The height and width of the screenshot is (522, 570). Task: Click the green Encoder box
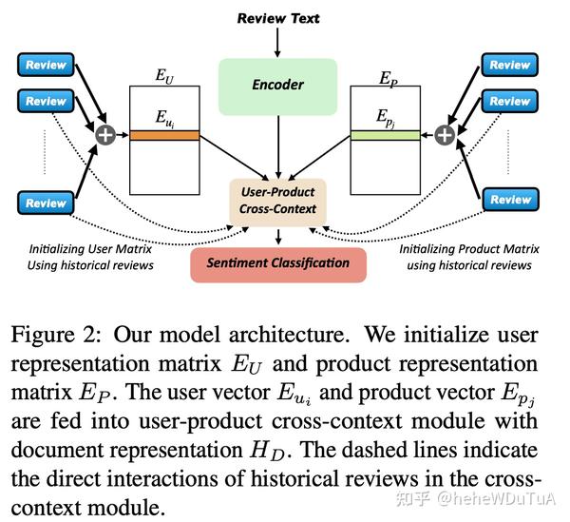click(277, 85)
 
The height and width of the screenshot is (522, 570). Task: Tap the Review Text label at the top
click(277, 18)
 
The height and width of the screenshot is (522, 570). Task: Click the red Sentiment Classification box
click(277, 262)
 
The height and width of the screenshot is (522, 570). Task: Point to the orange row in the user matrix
click(163, 136)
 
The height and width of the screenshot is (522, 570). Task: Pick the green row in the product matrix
click(386, 136)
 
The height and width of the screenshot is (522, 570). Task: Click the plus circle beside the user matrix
click(105, 135)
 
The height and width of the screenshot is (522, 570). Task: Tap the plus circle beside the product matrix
click(445, 135)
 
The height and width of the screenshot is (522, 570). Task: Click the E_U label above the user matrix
click(164, 75)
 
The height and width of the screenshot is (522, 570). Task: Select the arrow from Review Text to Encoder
click(277, 43)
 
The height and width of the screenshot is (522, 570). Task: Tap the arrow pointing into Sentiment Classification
click(277, 235)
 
